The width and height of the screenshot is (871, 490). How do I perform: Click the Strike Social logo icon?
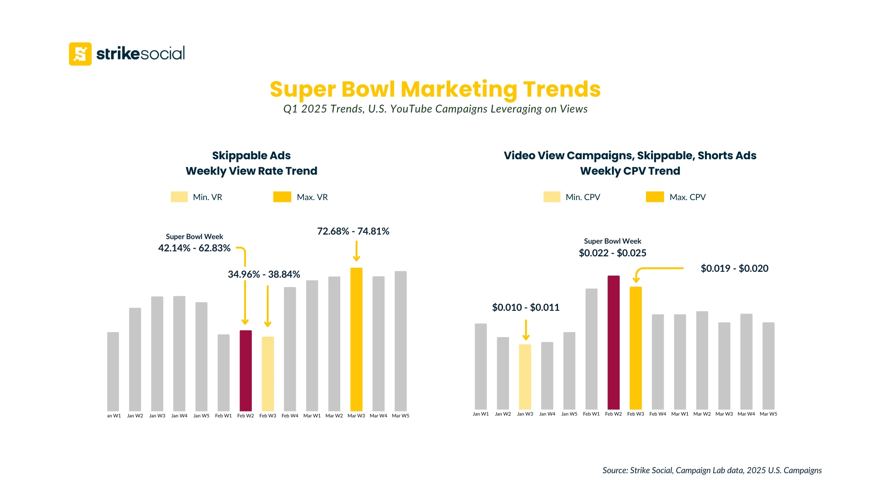pyautogui.click(x=80, y=54)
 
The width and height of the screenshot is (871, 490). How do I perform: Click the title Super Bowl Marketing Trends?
pyautogui.click(x=435, y=89)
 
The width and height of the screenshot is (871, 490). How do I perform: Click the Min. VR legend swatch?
pyautogui.click(x=179, y=197)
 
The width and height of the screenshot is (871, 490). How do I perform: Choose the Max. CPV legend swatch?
pyautogui.click(x=655, y=197)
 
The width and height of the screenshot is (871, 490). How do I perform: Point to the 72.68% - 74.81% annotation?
pyautogui.click(x=353, y=231)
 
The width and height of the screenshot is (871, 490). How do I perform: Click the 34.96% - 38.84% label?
pyautogui.click(x=264, y=274)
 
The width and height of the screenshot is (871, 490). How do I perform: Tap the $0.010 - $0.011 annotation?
pyautogui.click(x=526, y=308)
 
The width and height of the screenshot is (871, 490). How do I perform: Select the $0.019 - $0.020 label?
pyautogui.click(x=734, y=269)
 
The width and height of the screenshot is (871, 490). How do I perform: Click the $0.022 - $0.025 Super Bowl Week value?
pyautogui.click(x=612, y=253)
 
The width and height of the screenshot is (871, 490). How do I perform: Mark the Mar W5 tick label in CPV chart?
pyautogui.click(x=768, y=414)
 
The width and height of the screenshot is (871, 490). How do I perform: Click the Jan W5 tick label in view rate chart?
pyautogui.click(x=201, y=416)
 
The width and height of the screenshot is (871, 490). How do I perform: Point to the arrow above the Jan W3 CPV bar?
pyautogui.click(x=526, y=330)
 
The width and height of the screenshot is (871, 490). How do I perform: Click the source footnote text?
pyautogui.click(x=712, y=470)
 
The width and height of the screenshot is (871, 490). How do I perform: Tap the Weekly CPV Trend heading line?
pyautogui.click(x=630, y=171)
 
